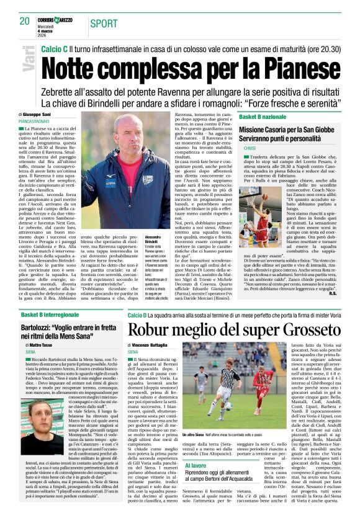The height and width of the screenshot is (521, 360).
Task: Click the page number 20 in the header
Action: pos(25,21)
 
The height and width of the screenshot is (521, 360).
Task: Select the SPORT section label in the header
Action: pos(104,24)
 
